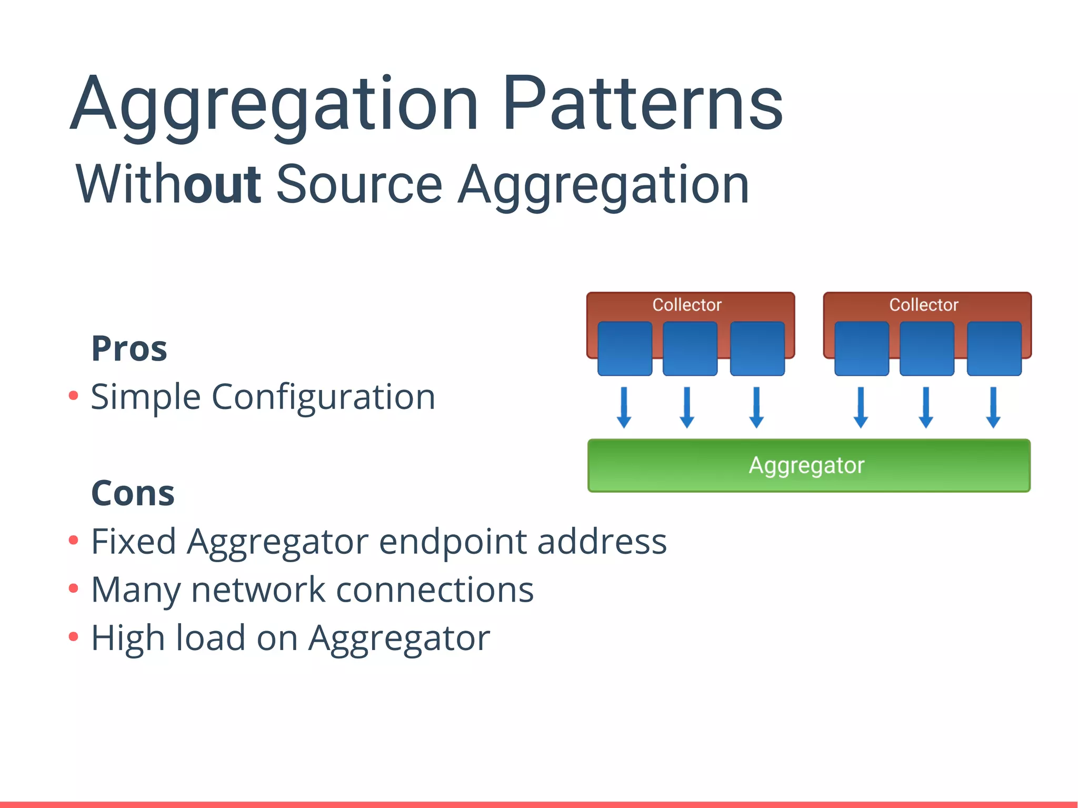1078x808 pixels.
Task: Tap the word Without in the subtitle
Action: point(168,184)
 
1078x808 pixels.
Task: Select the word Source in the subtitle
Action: point(359,184)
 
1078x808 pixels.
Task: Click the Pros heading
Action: point(129,348)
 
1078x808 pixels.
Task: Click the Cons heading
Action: point(133,493)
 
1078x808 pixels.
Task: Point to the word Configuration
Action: point(323,397)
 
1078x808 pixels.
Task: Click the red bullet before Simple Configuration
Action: point(74,395)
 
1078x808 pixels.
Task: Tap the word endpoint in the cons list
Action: point(453,542)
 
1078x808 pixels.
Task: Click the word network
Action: point(258,590)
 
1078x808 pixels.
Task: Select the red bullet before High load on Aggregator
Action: point(74,637)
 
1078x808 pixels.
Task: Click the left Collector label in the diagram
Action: point(687,305)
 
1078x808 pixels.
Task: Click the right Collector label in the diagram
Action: point(924,305)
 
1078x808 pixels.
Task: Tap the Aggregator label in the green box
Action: point(806,465)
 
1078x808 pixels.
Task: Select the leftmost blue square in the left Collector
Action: point(625,348)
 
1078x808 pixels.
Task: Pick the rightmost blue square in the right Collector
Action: point(994,348)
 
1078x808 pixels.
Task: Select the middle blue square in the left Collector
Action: point(690,348)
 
